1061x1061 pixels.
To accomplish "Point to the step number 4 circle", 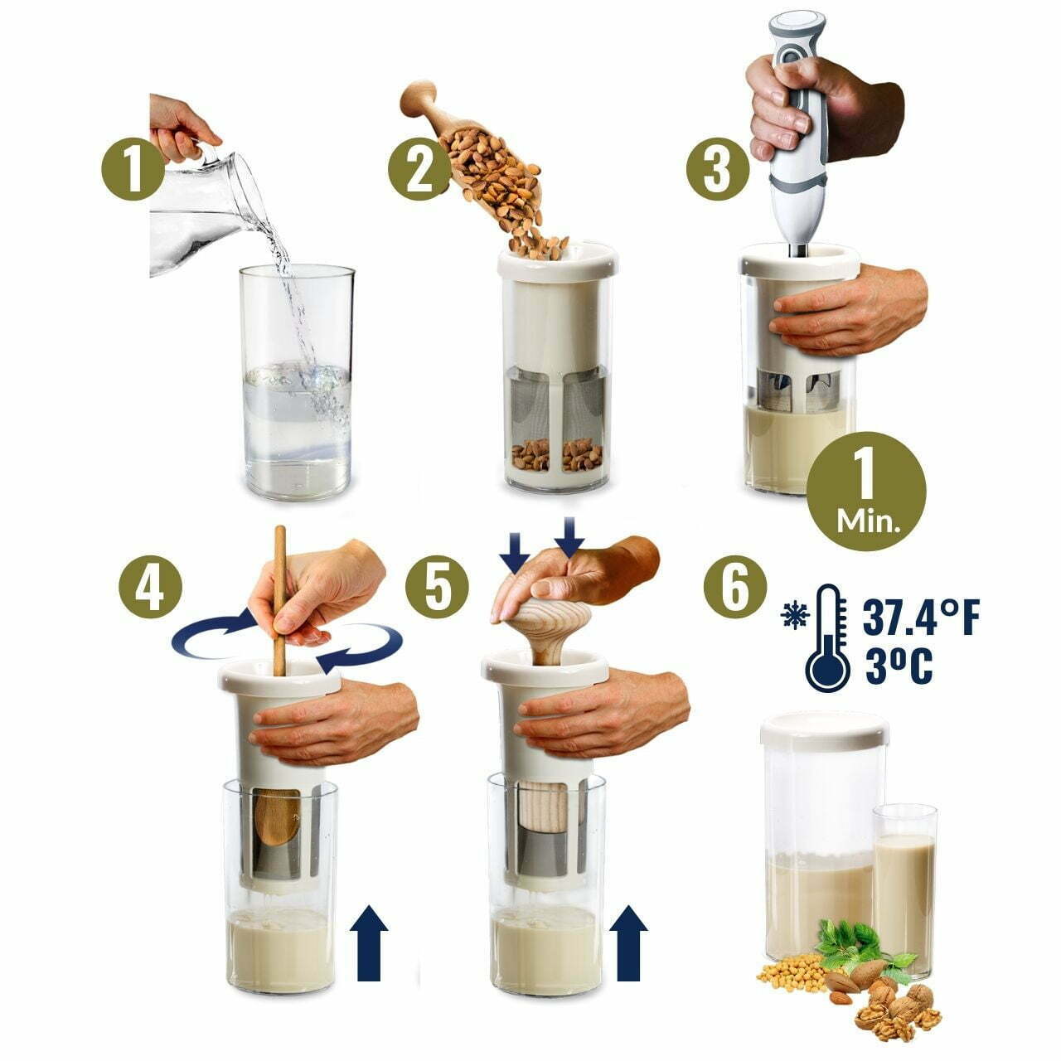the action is [150, 587].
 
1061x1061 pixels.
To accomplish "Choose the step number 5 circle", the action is [437, 587].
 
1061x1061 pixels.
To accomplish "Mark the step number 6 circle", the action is [736, 587].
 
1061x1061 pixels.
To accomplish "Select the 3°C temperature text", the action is [897, 665].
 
